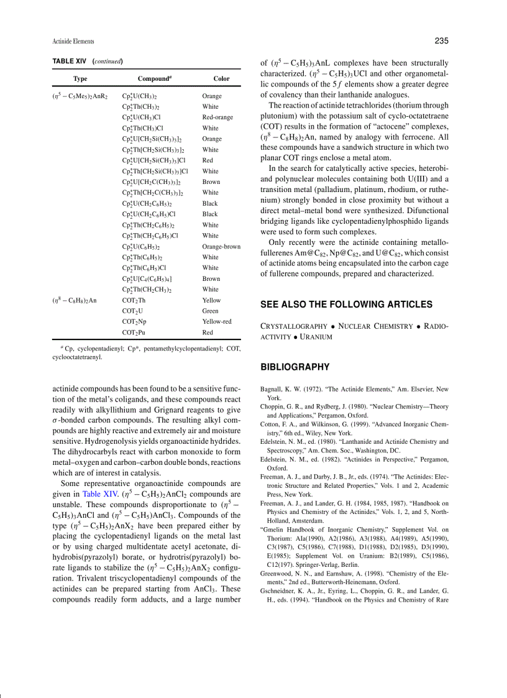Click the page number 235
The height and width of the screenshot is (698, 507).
tap(441, 41)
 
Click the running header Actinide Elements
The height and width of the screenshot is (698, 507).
tap(73, 42)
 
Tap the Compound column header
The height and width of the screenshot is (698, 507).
tap(154, 79)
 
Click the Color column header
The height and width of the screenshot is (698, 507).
tap(221, 79)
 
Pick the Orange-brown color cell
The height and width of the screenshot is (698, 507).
tap(221, 247)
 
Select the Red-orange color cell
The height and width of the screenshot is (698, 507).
tap(217, 117)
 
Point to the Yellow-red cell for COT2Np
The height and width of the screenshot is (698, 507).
tap(217, 322)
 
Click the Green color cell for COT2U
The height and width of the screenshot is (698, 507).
tap(210, 311)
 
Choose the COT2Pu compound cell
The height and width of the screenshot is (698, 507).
tap(134, 333)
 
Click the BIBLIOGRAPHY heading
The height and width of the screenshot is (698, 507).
tap(295, 367)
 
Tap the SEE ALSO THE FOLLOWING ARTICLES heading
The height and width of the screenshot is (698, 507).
tap(347, 305)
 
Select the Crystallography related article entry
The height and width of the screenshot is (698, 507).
tap(294, 326)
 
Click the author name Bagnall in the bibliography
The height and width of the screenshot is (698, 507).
tap(274, 390)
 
